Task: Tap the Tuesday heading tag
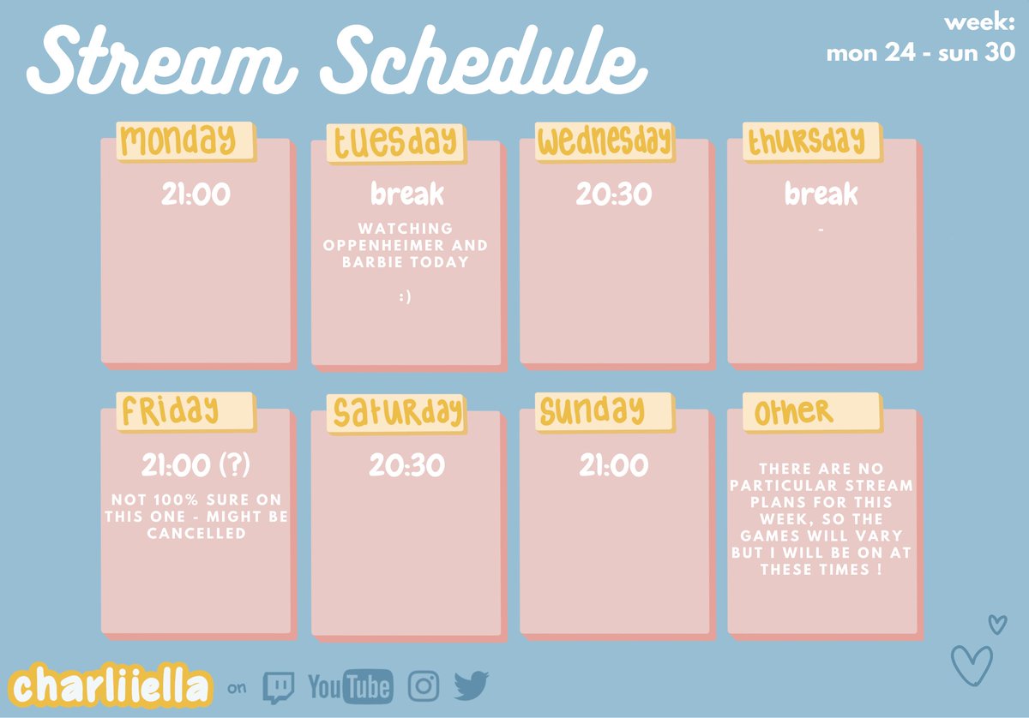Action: pyautogui.click(x=395, y=142)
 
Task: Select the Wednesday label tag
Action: pyautogui.click(x=605, y=141)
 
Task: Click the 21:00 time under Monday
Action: pyautogui.click(x=196, y=195)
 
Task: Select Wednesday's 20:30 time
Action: pyautogui.click(x=614, y=195)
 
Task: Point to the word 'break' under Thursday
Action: pyautogui.click(x=821, y=195)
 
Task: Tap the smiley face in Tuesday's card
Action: pyautogui.click(x=406, y=297)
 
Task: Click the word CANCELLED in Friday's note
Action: pyautogui.click(x=196, y=534)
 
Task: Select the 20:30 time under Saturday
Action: pyautogui.click(x=406, y=466)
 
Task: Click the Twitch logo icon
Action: pyautogui.click(x=279, y=686)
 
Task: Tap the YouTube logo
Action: pyautogui.click(x=350, y=686)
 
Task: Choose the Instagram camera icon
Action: pyautogui.click(x=423, y=685)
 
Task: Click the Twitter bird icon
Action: pyautogui.click(x=471, y=685)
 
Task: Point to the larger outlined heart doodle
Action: pyautogui.click(x=972, y=665)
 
